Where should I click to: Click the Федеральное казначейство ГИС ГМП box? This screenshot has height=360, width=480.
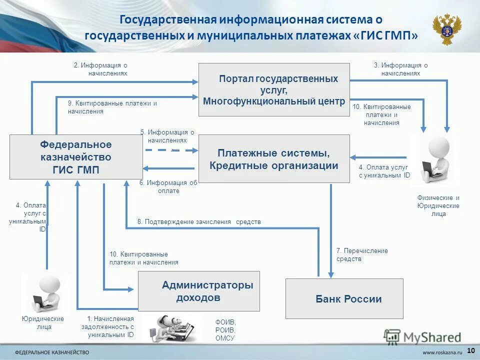click(76, 157)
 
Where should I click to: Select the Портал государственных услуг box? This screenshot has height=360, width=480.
click(274, 90)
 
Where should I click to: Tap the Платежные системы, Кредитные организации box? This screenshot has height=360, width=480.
click(274, 158)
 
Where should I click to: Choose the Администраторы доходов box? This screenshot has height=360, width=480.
click(198, 291)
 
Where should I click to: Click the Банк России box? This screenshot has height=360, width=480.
click(344, 298)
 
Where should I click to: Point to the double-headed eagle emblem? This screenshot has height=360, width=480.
click(446, 29)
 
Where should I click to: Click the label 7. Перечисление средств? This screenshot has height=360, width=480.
click(362, 255)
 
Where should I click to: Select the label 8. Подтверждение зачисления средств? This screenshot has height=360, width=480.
click(199, 221)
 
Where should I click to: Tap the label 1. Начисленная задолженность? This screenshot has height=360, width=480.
click(110, 327)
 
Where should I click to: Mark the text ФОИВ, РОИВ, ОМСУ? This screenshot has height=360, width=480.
click(225, 330)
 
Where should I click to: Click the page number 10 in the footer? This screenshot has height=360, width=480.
click(470, 349)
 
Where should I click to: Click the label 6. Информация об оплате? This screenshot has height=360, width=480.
click(168, 186)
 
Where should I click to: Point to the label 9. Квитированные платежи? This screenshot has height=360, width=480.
click(112, 107)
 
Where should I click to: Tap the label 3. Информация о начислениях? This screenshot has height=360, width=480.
click(400, 69)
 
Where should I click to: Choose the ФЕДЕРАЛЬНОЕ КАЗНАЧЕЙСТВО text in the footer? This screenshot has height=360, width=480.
click(52, 351)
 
